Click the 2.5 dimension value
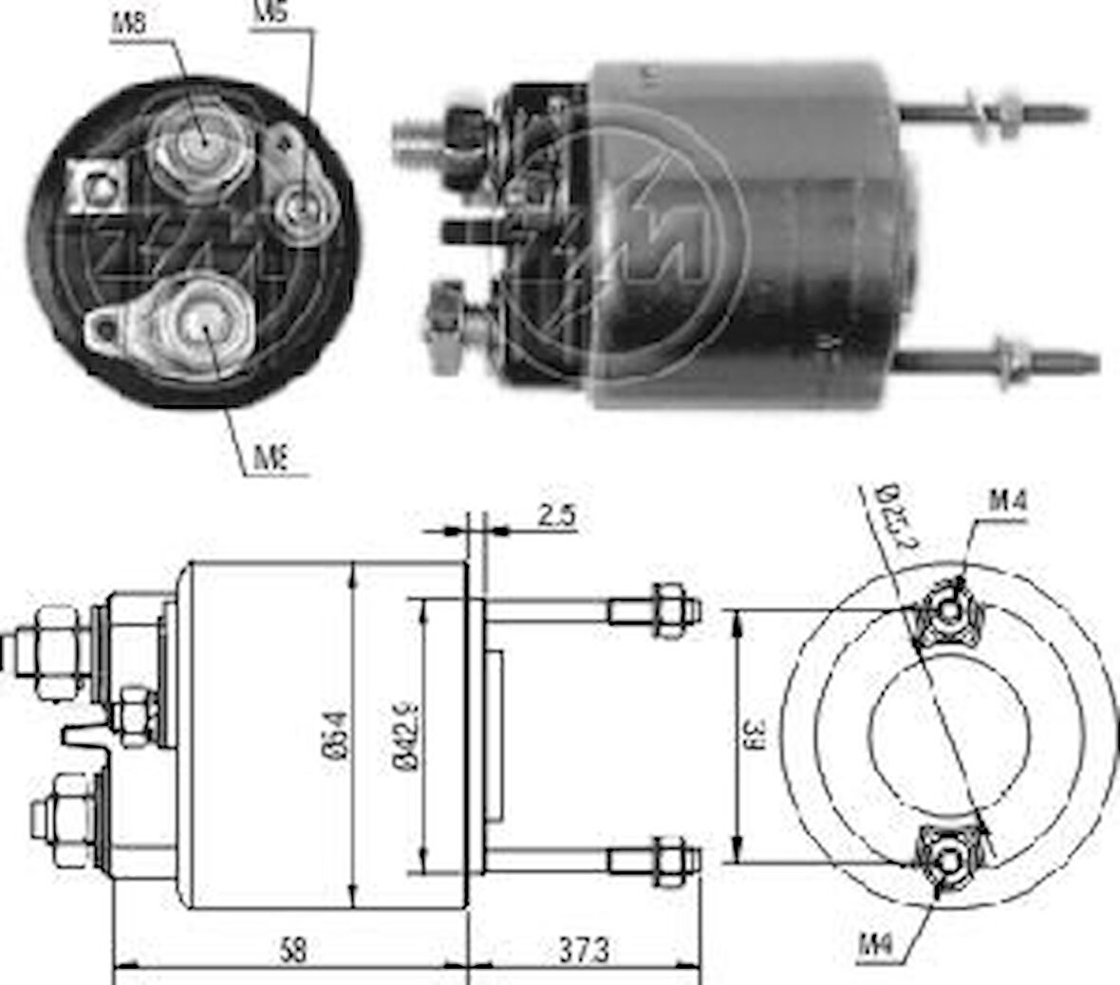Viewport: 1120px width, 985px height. click(x=557, y=516)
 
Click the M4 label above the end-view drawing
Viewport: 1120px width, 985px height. click(x=1008, y=500)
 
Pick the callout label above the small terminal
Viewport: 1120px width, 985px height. click(x=271, y=12)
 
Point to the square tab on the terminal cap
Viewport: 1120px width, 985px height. click(x=98, y=186)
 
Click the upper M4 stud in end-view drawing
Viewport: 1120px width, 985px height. click(x=947, y=612)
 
